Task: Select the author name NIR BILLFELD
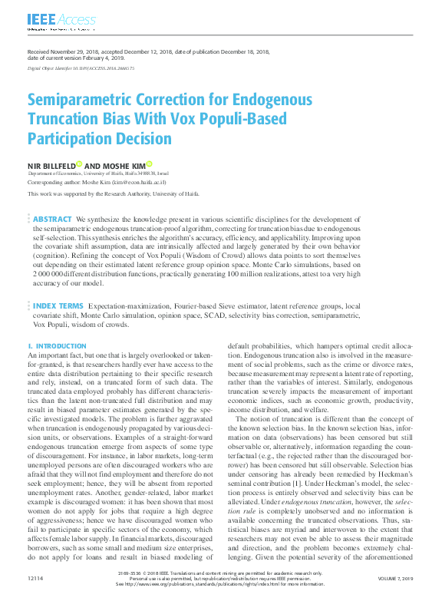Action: tap(51, 165)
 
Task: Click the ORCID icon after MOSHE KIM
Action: tap(150, 163)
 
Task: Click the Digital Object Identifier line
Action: tap(81, 68)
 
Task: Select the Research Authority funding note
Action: tap(114, 194)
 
